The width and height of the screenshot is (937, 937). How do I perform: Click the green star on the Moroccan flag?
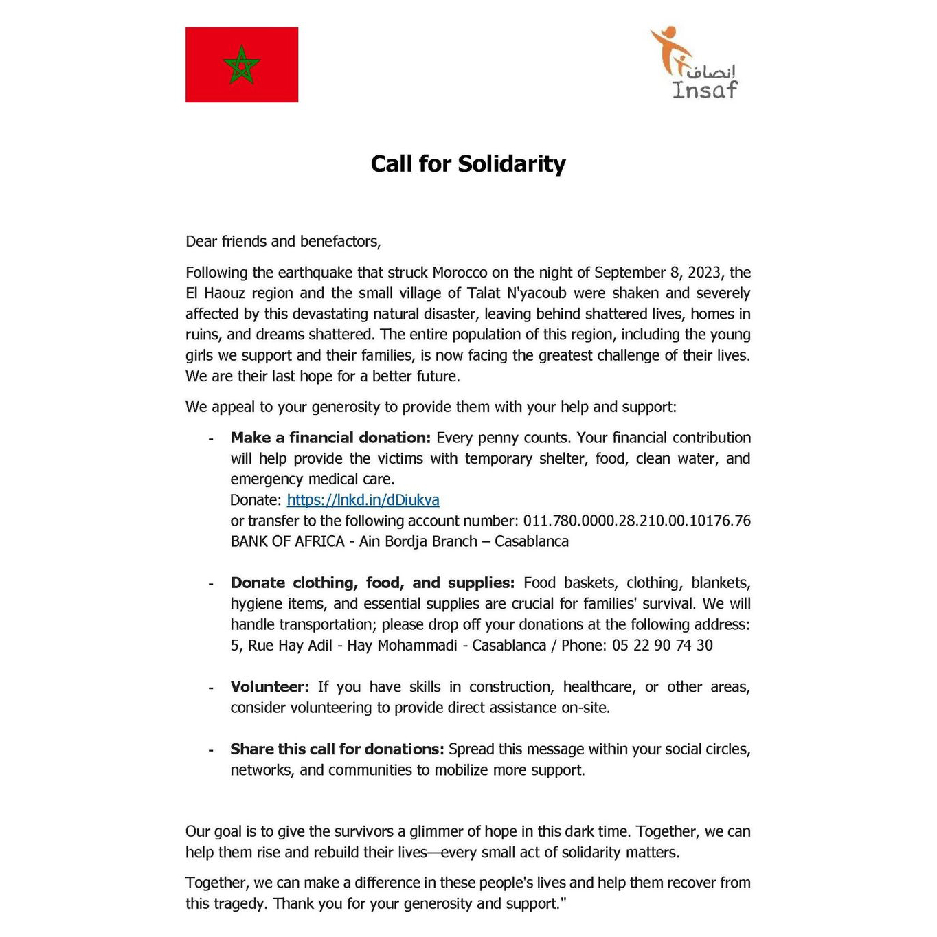coord(242,65)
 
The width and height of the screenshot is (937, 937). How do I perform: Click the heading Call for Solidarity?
coord(468,164)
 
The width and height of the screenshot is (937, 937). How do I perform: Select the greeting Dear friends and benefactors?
coord(283,242)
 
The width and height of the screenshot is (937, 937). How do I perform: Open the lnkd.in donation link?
coord(363,500)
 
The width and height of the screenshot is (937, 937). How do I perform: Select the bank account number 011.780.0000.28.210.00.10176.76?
coord(637,521)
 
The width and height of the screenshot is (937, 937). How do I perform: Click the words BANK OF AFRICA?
coord(287,541)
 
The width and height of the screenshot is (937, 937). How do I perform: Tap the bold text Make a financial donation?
coord(330,438)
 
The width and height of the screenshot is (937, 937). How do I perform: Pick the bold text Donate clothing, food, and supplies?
coord(372,583)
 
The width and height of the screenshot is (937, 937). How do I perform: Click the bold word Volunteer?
coord(269,687)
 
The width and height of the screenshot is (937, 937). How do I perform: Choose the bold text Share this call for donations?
coord(337,749)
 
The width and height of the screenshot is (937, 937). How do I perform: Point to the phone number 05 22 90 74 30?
coord(662,646)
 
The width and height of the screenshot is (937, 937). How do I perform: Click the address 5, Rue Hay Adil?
coord(281,646)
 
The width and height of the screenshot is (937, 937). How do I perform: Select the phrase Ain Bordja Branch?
coord(418,541)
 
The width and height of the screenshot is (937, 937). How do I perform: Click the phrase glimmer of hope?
coord(463,832)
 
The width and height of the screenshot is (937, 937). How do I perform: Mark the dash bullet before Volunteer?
coord(211,688)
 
